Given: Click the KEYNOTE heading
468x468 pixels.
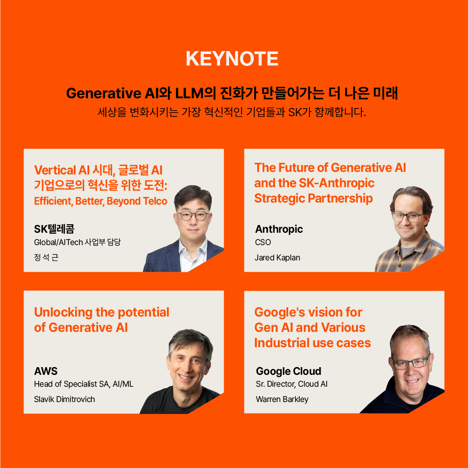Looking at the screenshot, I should [232, 59].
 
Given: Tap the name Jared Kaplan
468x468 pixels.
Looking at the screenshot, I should [277, 257].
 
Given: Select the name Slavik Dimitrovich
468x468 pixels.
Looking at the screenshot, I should [65, 399].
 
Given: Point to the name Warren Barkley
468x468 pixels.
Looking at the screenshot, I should [282, 399].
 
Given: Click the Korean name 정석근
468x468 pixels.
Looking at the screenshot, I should [46, 257].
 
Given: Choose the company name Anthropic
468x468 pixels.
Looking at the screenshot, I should [279, 229].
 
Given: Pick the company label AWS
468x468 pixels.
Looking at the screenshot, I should [46, 371].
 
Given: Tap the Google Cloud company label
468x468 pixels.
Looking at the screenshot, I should [288, 371].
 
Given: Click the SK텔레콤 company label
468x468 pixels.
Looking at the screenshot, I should [54, 229].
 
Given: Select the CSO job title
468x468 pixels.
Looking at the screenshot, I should [263, 242].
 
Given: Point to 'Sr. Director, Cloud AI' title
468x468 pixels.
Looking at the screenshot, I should [292, 384].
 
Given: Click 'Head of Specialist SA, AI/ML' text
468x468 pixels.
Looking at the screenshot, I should [84, 384].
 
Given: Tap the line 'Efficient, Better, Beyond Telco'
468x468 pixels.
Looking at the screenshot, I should [101, 201].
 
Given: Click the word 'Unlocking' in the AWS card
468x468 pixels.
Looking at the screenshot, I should [63, 312].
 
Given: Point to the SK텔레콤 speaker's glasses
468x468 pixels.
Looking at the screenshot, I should [194, 215].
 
